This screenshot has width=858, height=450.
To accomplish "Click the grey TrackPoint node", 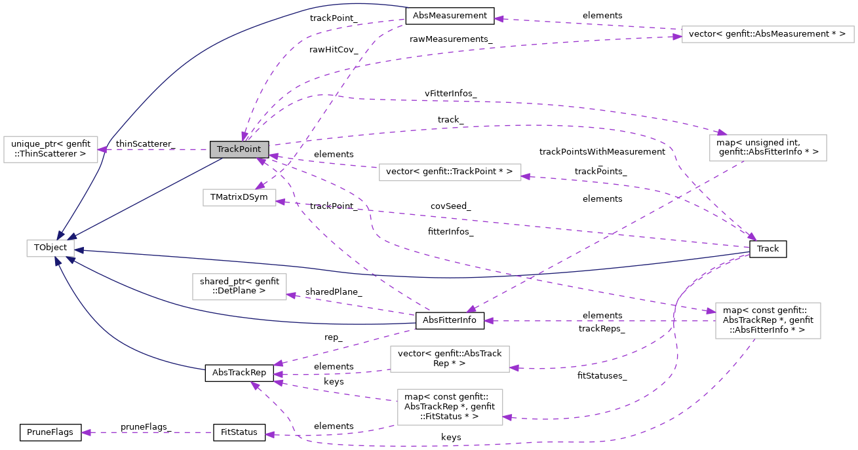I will (x=239, y=149).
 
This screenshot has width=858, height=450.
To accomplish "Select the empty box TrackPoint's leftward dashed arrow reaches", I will (x=50, y=149).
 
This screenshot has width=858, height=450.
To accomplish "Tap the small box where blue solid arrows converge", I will (x=50, y=248).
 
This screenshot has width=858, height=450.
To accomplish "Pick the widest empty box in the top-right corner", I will (x=768, y=34).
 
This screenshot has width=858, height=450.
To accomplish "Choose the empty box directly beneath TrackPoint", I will (x=239, y=197).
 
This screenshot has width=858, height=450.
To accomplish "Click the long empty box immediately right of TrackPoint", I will (x=450, y=172).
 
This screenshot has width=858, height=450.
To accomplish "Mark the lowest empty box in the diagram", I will (x=450, y=407).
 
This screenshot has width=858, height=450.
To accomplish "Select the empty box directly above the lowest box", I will (x=450, y=359).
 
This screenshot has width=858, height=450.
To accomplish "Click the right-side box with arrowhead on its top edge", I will (x=768, y=148).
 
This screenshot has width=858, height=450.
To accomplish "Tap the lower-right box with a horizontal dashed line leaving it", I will (x=768, y=320).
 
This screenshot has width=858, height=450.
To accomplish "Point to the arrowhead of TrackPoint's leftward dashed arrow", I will (x=103, y=149).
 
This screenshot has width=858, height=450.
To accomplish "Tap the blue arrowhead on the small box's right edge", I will (x=79, y=250).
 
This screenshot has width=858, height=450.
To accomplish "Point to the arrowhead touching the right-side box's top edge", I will (x=722, y=133).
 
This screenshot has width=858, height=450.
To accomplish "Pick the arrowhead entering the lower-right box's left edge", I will (x=710, y=311).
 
